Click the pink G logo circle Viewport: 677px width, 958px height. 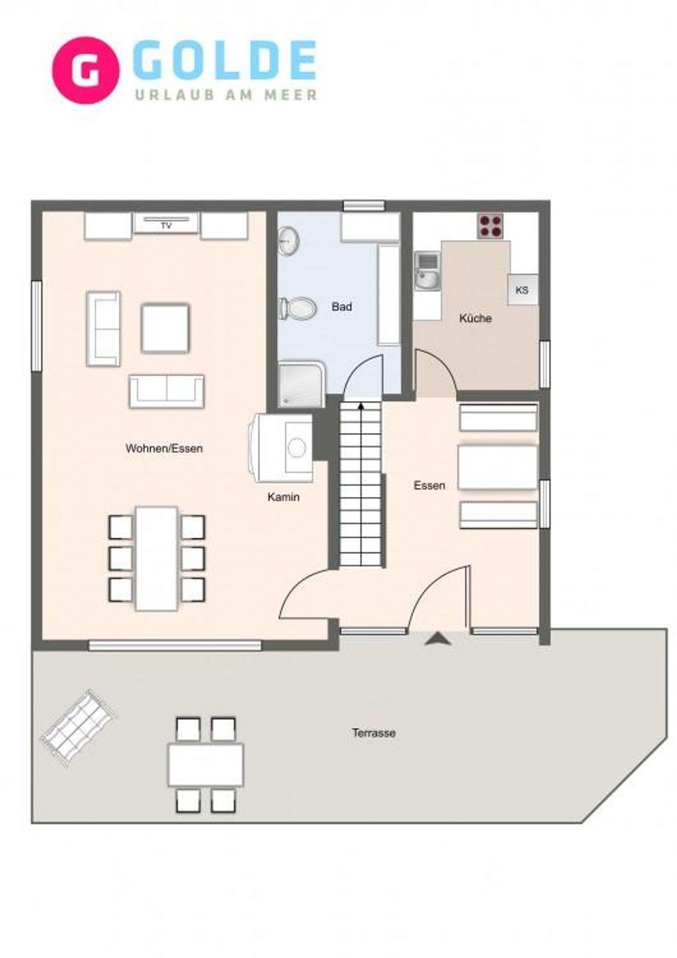click(x=86, y=70)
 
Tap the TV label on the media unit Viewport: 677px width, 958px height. click(x=166, y=226)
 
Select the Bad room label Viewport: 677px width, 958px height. click(x=342, y=307)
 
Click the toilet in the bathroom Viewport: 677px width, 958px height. click(x=298, y=308)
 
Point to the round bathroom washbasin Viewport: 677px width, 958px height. click(x=289, y=241)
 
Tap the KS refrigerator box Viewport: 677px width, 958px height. click(x=522, y=290)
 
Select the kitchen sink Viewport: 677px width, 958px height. click(x=427, y=272)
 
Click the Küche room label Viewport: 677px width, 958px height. click(x=475, y=319)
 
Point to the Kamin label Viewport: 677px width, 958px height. click(x=283, y=497)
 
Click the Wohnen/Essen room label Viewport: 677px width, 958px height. click(x=164, y=448)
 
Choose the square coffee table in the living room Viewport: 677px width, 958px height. click(x=166, y=328)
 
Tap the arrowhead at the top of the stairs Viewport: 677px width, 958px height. click(x=361, y=406)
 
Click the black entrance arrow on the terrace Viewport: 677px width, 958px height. click(x=438, y=639)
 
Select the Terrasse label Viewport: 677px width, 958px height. click(x=374, y=733)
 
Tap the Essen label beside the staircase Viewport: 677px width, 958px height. click(x=430, y=486)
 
